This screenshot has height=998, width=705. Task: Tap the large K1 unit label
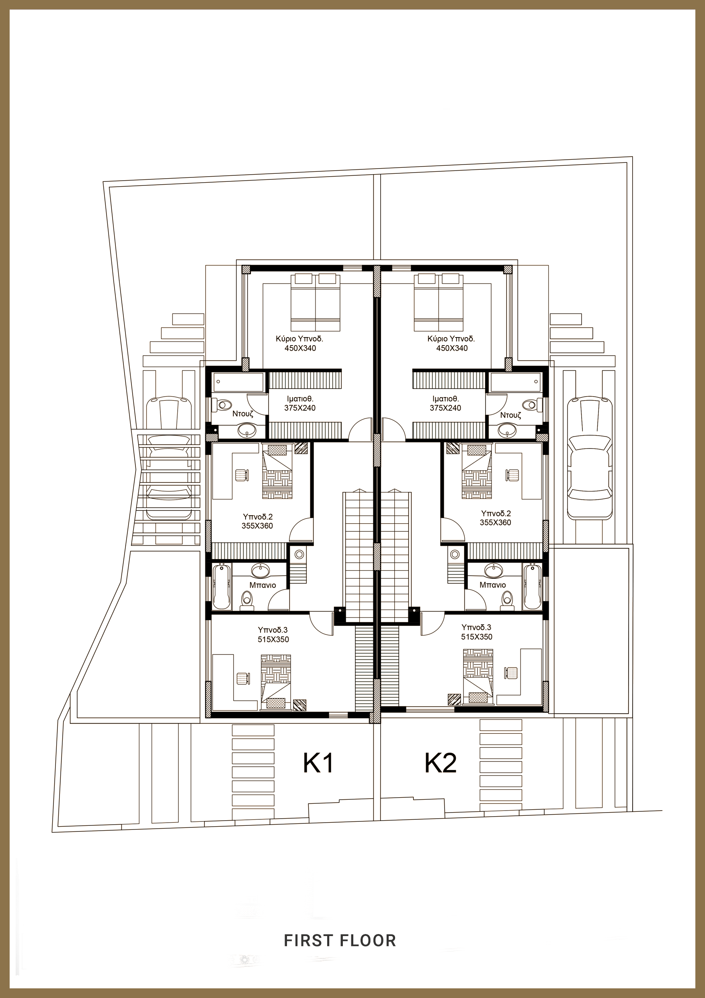coord(318,763)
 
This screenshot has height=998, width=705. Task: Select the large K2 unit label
coord(441,763)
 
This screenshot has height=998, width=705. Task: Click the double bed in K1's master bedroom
coord(315,302)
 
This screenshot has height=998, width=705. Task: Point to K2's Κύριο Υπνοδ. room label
coord(451,339)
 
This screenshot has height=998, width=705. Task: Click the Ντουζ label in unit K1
coord(243,414)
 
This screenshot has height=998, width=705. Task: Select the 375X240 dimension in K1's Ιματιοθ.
coord(300,408)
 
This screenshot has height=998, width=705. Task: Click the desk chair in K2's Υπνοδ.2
coord(513,475)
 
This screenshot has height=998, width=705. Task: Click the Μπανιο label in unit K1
coord(263,585)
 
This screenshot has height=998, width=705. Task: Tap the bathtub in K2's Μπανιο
coord(532,586)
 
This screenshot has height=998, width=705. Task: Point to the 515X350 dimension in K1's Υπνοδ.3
coord(273,640)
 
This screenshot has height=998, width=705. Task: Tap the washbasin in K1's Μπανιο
coord(260,570)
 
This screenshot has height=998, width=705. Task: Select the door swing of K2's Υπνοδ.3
coord(432,624)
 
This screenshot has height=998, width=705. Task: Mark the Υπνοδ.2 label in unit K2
coord(495,514)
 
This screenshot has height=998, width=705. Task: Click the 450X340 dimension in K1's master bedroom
coord(300,348)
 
